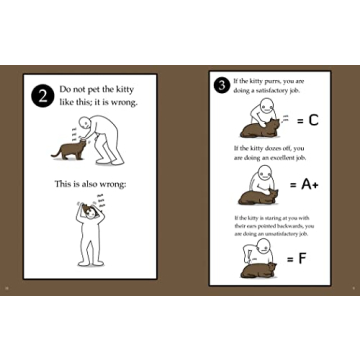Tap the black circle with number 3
221,84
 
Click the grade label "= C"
306,121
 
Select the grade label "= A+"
306,185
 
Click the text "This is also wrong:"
91,183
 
